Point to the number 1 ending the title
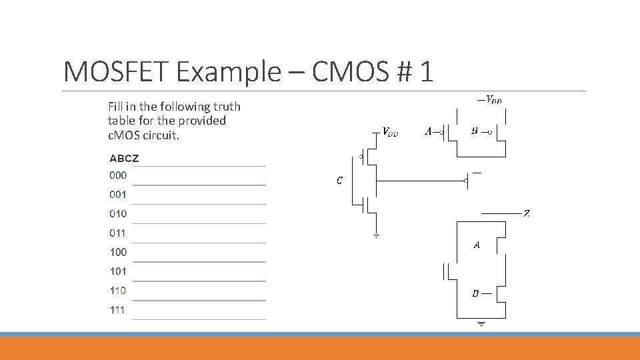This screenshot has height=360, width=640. click(x=426, y=71)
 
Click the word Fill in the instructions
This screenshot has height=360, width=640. click(x=116, y=107)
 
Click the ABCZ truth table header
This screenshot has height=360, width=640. click(x=124, y=159)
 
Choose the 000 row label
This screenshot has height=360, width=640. click(x=118, y=175)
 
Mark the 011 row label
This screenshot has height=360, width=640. click(x=118, y=233)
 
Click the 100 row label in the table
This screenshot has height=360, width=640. click(x=118, y=252)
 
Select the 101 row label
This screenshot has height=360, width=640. click(x=118, y=271)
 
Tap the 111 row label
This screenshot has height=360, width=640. click(x=118, y=310)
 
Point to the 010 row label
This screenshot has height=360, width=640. click(x=118, y=214)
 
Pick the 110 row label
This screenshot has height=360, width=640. click(x=118, y=291)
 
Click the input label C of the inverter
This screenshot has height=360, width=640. click(x=339, y=181)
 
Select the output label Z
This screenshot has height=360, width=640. click(x=527, y=214)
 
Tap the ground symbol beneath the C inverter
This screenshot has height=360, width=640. click(x=376, y=235)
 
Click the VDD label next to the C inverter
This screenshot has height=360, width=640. click(x=390, y=132)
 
